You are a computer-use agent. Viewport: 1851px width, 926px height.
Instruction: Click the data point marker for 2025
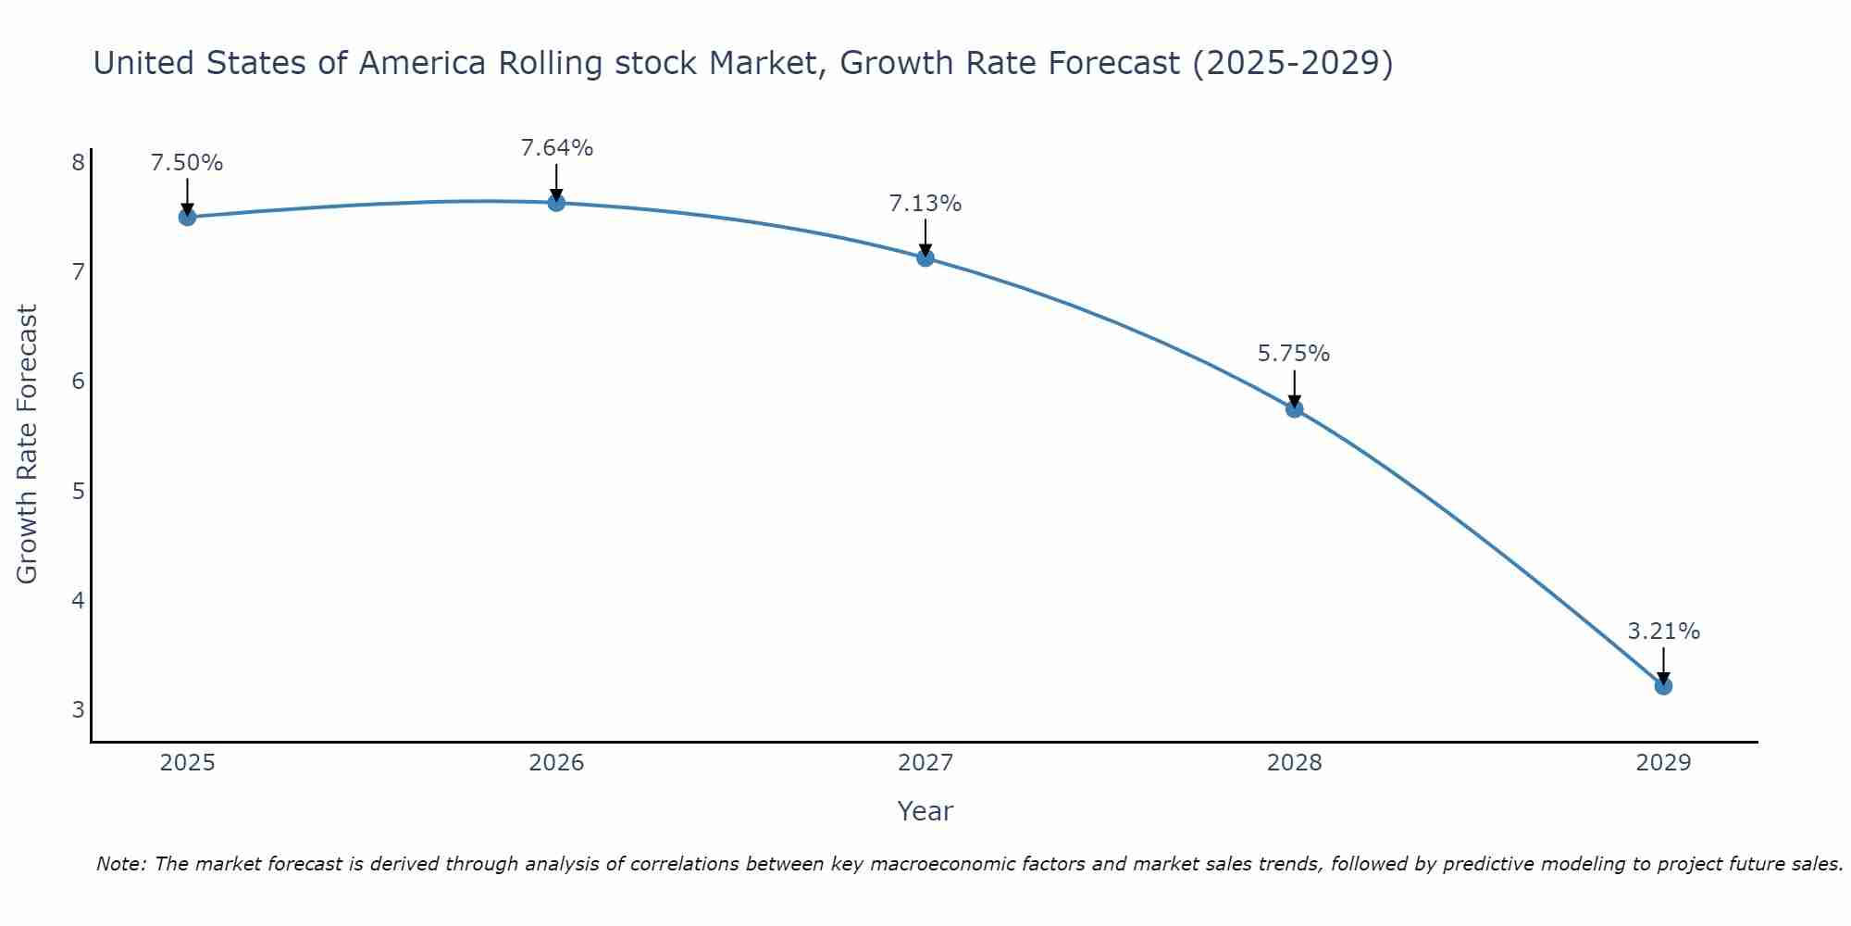point(187,217)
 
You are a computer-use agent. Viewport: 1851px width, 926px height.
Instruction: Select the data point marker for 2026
point(556,202)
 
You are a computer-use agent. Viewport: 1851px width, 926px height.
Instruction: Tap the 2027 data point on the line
point(925,257)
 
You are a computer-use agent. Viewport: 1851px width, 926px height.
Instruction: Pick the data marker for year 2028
point(1294,408)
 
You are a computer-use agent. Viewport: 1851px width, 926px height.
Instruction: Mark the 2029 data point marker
point(1663,685)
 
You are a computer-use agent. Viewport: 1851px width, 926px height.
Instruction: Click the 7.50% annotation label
point(187,163)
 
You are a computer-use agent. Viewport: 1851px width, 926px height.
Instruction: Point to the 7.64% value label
point(556,148)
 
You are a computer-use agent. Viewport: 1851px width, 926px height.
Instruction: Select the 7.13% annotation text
point(925,204)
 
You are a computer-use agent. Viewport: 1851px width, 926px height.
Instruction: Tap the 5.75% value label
point(1294,354)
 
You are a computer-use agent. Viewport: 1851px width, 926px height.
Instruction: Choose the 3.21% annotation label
point(1663,632)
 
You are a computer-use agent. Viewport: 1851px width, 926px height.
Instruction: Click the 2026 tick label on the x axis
point(556,763)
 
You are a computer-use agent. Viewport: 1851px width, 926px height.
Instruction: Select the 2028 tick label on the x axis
point(1294,763)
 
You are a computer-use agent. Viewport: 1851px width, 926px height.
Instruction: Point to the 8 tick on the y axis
point(78,163)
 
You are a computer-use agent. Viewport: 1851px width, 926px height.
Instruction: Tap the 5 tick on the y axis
point(78,491)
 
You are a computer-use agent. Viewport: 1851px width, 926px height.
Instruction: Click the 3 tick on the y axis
point(78,710)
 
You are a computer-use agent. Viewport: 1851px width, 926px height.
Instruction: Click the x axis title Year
point(925,811)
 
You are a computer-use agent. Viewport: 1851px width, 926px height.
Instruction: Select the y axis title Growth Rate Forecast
point(28,444)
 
